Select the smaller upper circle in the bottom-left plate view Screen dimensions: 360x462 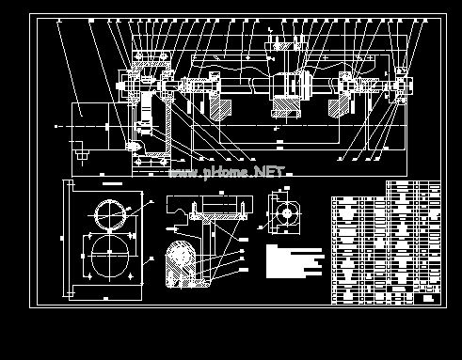coord(109,213)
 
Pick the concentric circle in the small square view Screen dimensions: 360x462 coord(283,211)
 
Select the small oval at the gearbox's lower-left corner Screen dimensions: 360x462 coord(133,147)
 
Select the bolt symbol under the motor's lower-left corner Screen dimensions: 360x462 coord(79,150)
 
